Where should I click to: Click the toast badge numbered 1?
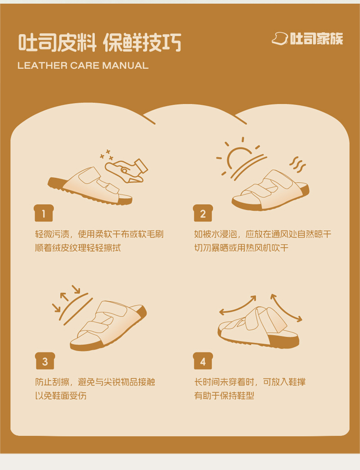(x=44, y=213)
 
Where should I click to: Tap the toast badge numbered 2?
(x=203, y=213)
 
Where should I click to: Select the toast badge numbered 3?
(x=45, y=361)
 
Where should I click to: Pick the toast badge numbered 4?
(x=203, y=361)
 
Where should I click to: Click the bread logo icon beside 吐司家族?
(x=280, y=39)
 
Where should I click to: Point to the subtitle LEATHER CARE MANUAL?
(x=83, y=65)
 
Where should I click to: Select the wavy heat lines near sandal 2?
(x=297, y=164)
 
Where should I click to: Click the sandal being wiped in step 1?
(x=90, y=186)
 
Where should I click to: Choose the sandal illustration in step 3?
(x=108, y=326)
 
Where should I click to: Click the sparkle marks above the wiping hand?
(x=107, y=155)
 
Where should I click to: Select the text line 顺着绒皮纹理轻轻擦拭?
(x=78, y=248)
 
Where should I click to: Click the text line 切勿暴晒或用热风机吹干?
(x=241, y=248)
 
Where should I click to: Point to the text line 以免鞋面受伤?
(x=61, y=396)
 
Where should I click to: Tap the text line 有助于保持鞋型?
(x=224, y=396)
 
